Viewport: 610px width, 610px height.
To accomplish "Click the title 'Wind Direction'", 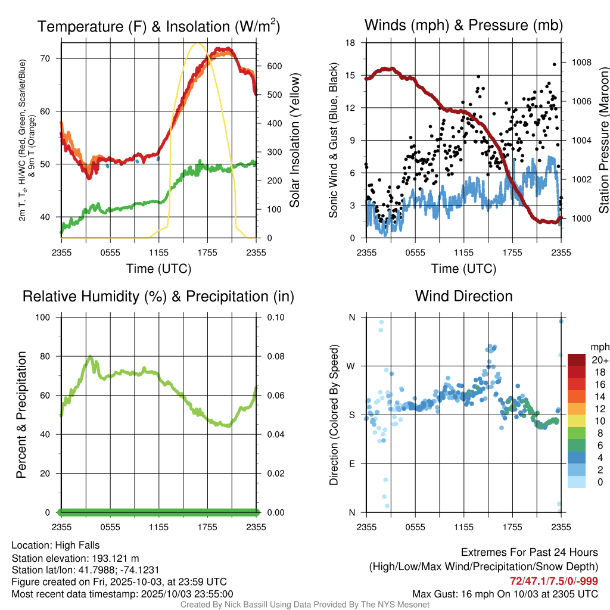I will point(463,296).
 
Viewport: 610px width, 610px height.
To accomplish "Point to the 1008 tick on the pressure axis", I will point(580,62).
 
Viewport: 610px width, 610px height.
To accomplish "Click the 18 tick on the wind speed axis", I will point(351,43).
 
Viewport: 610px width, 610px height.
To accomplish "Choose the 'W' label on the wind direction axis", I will point(351,366).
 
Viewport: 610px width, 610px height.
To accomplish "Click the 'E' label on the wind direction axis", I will point(352,463).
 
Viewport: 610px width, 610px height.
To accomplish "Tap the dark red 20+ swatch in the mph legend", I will point(576,360).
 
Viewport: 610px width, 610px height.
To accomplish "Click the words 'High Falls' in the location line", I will point(77,545).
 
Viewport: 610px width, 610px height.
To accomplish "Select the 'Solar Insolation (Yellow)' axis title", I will point(294,141).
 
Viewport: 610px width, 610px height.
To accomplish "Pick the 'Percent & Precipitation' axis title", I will point(21,415).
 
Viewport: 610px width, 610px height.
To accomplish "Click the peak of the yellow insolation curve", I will point(197,43).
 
